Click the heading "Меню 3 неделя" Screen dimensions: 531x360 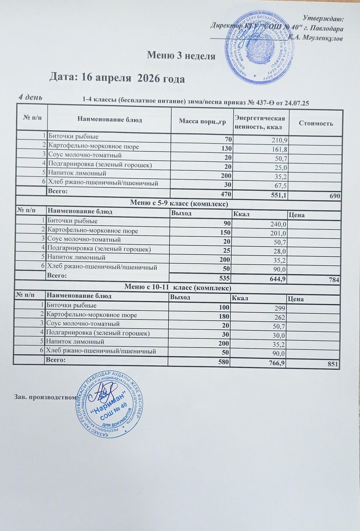[181, 56]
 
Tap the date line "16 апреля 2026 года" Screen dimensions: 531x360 [117, 78]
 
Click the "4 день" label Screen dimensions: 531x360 [31, 97]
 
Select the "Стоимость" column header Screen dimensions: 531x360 [316, 123]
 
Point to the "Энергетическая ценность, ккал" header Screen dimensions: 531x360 [260, 122]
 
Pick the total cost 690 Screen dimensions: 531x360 [334, 196]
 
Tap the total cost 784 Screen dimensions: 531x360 [334, 280]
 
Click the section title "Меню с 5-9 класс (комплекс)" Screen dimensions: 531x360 [179, 203]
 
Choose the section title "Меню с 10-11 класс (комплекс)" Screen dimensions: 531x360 [178, 287]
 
